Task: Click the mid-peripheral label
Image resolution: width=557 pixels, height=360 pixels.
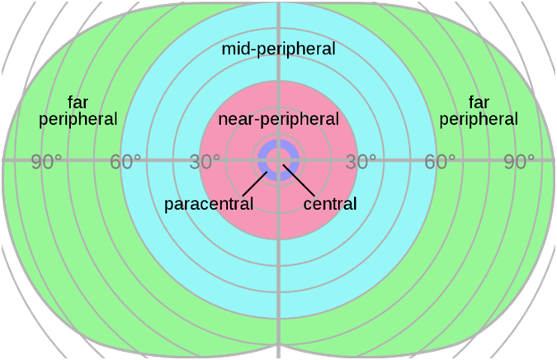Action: coord(278,50)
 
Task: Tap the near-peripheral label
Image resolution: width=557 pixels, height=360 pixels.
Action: coord(278,120)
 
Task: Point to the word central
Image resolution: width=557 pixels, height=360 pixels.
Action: coord(330,203)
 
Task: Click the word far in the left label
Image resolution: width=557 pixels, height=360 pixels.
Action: coord(81,103)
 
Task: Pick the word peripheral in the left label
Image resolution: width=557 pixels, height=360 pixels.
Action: coord(81,120)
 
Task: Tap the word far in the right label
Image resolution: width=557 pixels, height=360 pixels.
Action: coord(479,103)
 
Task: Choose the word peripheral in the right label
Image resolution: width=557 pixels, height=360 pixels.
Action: coord(479,120)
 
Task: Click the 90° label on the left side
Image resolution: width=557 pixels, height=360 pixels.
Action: coord(48,162)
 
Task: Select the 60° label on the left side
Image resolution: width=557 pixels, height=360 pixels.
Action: coord(126,162)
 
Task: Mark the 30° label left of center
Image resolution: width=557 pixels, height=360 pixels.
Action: coord(205,162)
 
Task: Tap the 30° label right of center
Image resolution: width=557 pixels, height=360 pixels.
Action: coord(361,162)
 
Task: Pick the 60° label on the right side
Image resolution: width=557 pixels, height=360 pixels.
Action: coord(440,162)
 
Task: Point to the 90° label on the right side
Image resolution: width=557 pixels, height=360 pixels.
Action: coord(518,162)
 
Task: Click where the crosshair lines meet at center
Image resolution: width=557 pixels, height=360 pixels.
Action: coord(279,159)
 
